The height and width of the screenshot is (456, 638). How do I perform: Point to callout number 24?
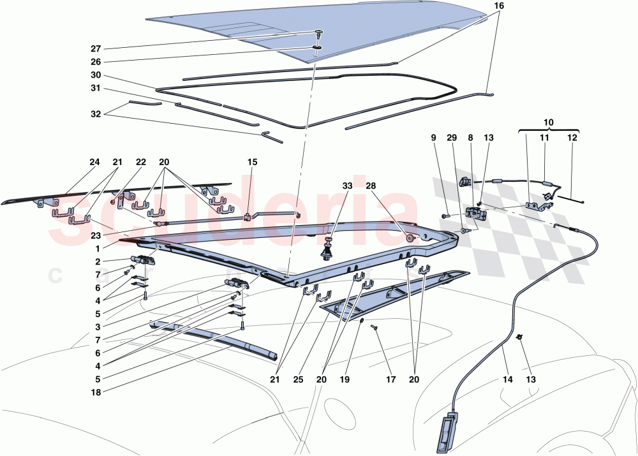coord(94,162)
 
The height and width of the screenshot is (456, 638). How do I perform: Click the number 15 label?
coord(252,162)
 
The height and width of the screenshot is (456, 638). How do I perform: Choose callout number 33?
coord(346,186)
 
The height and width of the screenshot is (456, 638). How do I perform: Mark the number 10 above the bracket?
coord(549,121)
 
